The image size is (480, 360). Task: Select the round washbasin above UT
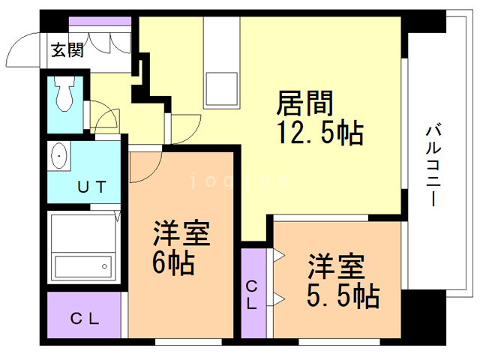click(60, 157)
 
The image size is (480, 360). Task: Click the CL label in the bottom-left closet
click(85, 318)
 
